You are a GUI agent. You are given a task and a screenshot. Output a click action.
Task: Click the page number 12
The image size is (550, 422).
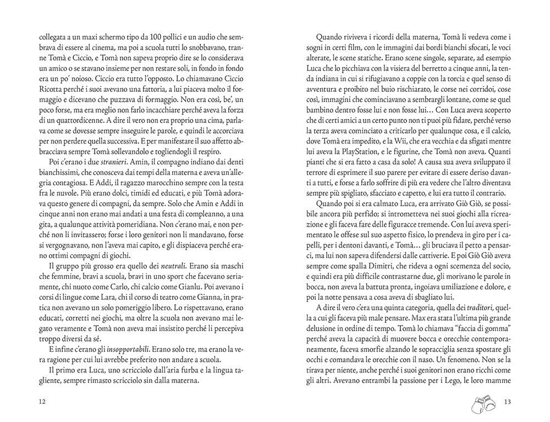click(x=42, y=401)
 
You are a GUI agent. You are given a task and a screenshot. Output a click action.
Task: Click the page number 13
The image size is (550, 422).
click(x=507, y=401)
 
